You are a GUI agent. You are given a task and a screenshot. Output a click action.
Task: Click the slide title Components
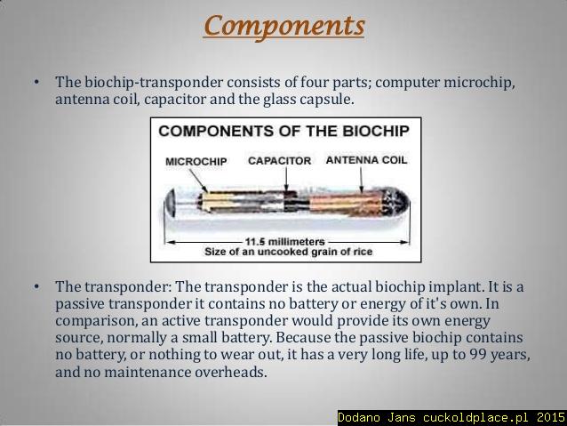283,26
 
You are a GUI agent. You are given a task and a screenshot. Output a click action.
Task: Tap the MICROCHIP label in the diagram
196,162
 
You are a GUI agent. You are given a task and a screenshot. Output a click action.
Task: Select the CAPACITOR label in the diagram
280,161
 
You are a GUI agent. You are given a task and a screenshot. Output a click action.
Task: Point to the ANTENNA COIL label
367,160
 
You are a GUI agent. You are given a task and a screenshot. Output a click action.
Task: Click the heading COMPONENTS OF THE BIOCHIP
283,131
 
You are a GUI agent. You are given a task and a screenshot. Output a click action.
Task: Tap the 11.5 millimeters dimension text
285,241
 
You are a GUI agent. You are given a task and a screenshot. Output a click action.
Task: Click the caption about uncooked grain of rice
288,252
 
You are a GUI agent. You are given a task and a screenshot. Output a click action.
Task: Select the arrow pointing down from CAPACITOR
286,179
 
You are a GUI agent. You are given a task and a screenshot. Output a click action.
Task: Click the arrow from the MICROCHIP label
198,181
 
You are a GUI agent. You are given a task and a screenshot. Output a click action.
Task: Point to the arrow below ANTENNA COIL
361,180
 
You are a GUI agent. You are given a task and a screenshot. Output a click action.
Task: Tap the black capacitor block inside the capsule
291,201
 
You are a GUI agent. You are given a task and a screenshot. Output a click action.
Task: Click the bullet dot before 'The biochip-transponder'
36,82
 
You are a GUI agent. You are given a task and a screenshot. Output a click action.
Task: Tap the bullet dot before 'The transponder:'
36,287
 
